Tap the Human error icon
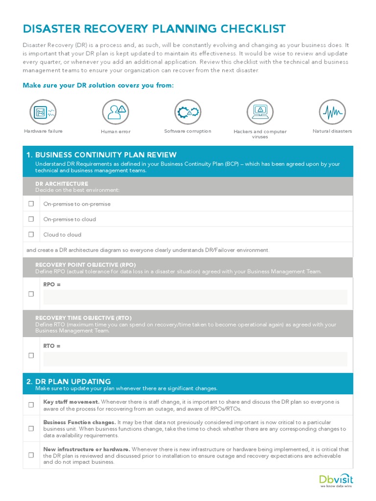point(116,112)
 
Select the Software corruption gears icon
point(188,112)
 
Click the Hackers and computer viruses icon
point(260,112)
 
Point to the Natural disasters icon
point(332,112)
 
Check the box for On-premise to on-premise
point(31,204)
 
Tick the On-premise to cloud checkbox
point(31,219)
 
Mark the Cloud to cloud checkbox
point(31,234)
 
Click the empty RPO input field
point(195,297)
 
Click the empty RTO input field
point(195,359)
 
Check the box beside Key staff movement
point(31,405)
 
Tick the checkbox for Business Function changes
point(31,429)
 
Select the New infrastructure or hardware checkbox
point(31,455)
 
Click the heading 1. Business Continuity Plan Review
point(101,155)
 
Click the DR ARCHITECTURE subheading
point(62,184)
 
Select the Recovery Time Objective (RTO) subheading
point(83,318)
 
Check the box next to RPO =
point(31,294)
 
